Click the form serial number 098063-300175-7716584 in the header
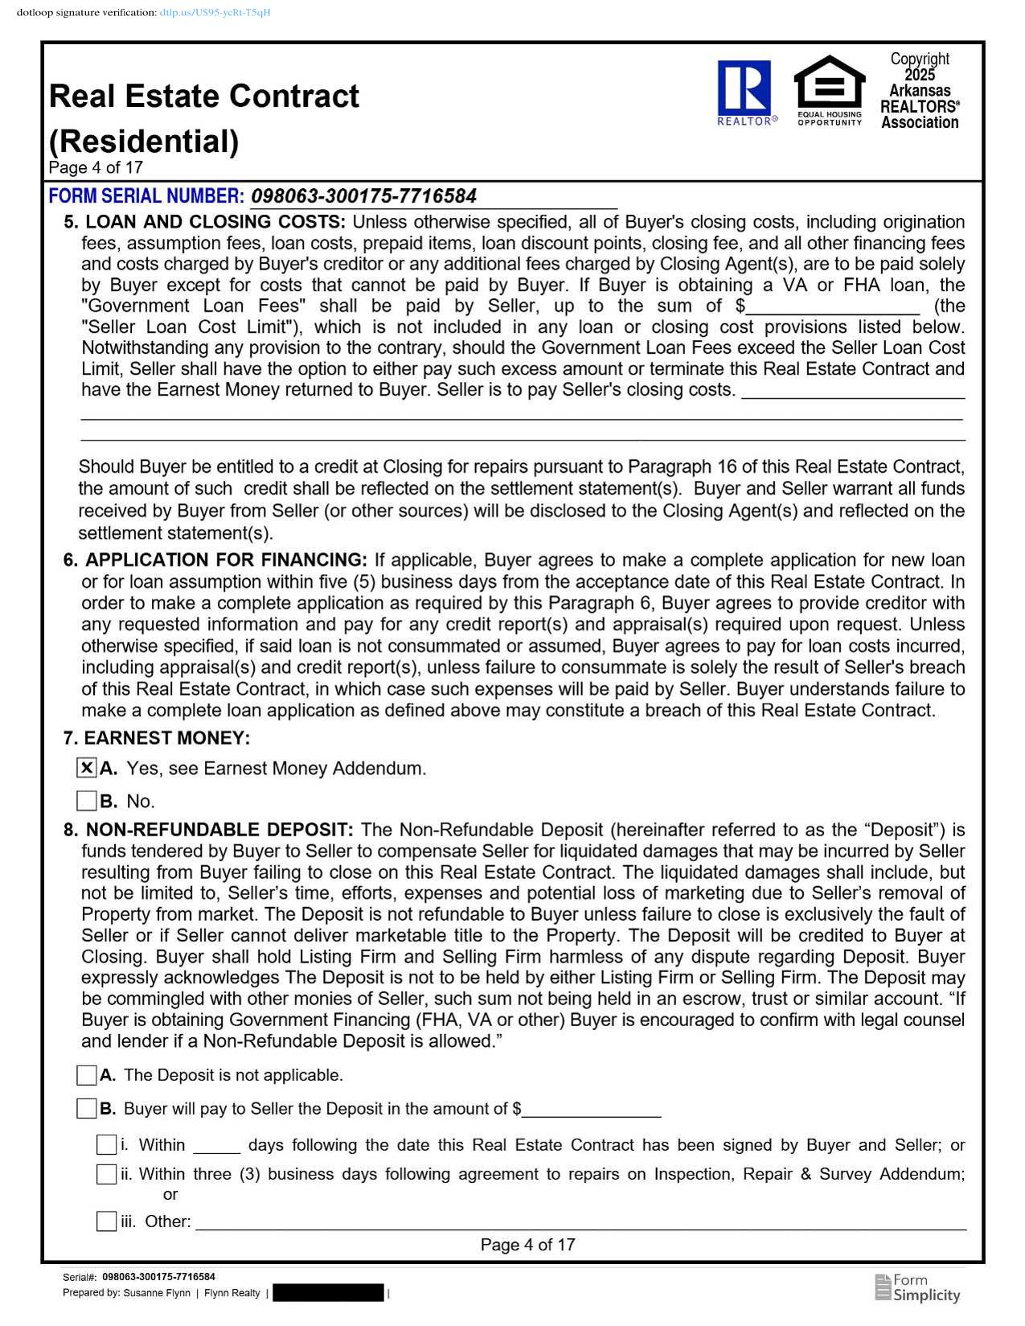click(x=363, y=196)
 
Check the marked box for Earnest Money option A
click(x=87, y=768)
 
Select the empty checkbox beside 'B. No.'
click(x=87, y=801)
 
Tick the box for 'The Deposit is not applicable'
click(x=87, y=1075)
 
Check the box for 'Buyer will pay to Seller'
click(x=87, y=1109)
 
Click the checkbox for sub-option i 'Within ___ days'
click(x=106, y=1145)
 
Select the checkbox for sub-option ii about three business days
click(x=106, y=1174)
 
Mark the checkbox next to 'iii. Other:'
click(x=106, y=1221)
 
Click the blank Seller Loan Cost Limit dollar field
click(x=833, y=307)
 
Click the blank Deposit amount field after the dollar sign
click(x=592, y=1110)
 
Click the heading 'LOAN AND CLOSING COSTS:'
click(x=215, y=222)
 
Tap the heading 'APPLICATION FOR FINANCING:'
click(x=226, y=560)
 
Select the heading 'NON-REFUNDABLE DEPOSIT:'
click(x=219, y=830)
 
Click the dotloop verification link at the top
click(x=215, y=13)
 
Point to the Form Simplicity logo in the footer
click(x=917, y=1287)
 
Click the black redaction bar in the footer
click(x=328, y=1293)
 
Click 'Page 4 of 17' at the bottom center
click(x=527, y=1245)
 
